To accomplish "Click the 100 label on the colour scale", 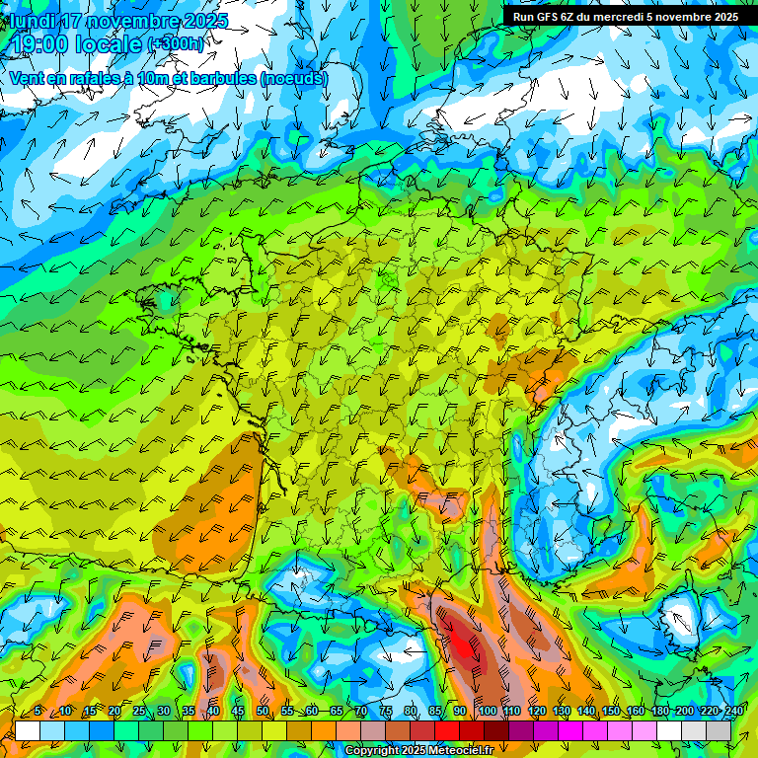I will [487, 712].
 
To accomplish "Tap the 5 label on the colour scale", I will [38, 712].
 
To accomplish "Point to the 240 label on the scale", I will [733, 712].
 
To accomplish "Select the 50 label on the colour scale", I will [263, 712].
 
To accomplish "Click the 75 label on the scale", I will [386, 712].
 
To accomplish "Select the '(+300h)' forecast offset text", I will [177, 44].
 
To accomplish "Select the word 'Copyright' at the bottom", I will [371, 751].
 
